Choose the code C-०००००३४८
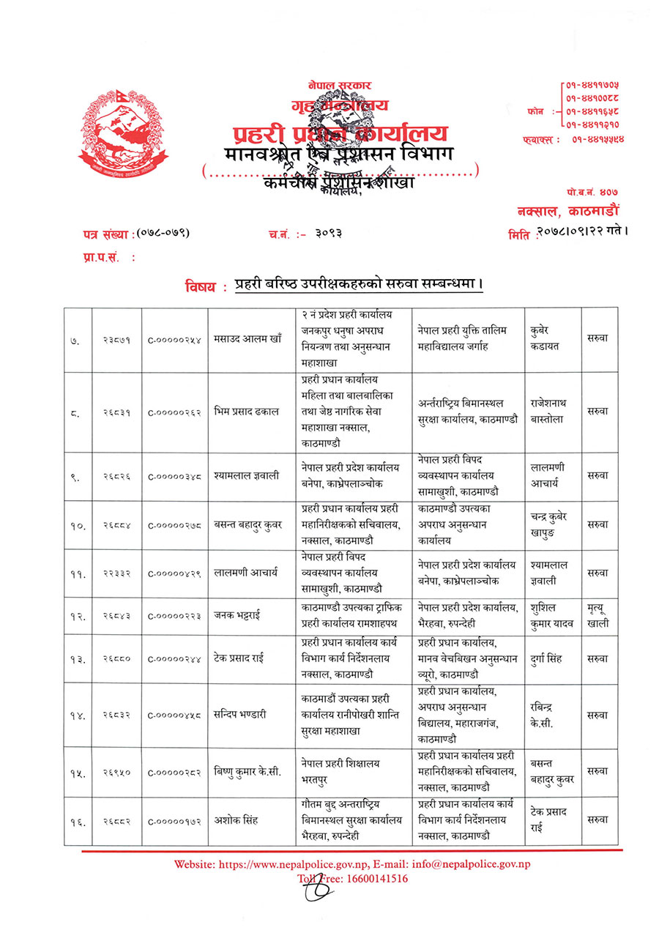pyautogui.click(x=174, y=476)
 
